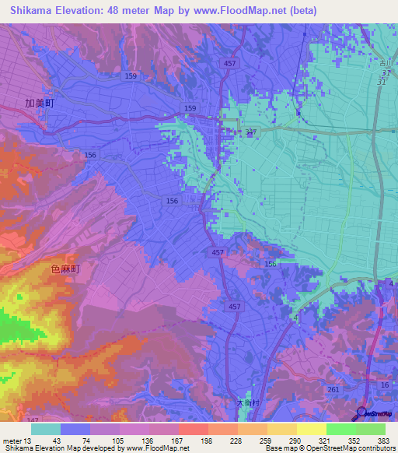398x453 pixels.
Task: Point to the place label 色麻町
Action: click(x=65, y=268)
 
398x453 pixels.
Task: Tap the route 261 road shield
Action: click(x=333, y=389)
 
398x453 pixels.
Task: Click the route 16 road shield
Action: click(x=384, y=385)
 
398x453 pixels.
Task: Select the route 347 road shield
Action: click(x=250, y=133)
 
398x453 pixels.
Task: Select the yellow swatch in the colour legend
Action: click(x=311, y=429)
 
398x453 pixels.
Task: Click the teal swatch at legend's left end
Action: click(x=46, y=429)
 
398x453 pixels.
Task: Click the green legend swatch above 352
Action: click(x=340, y=429)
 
